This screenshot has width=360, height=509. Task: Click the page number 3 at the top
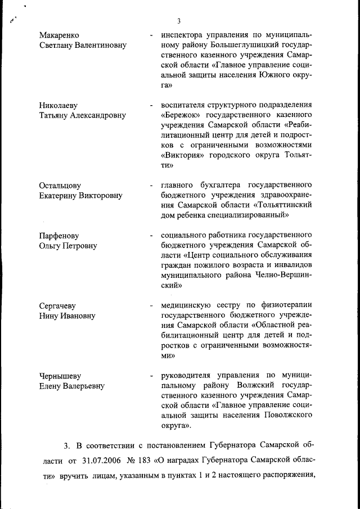pyautogui.click(x=178, y=21)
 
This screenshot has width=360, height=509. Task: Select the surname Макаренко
pyautogui.click(x=59, y=35)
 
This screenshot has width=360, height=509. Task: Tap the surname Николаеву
pyautogui.click(x=58, y=105)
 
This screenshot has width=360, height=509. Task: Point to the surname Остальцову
pyautogui.click(x=60, y=185)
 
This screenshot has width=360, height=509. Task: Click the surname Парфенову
pyautogui.click(x=59, y=236)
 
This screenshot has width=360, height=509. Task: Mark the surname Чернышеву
pyautogui.click(x=60, y=376)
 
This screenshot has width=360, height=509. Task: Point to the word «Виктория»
pyautogui.click(x=183, y=155)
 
